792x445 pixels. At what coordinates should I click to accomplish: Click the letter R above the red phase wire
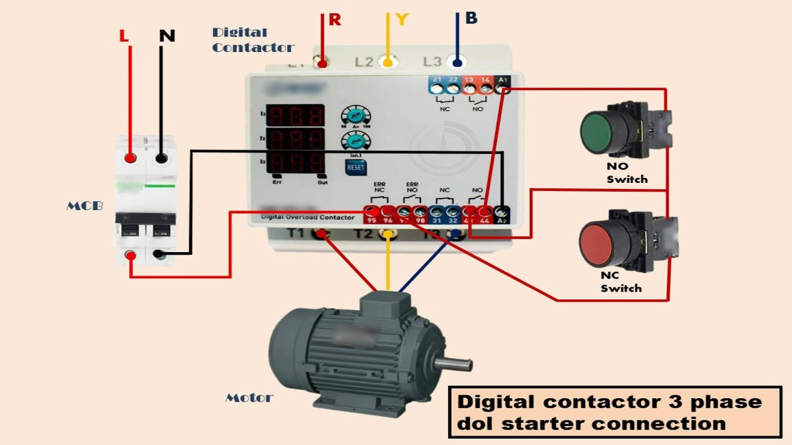click(x=335, y=20)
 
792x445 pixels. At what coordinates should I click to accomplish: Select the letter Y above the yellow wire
click(x=402, y=20)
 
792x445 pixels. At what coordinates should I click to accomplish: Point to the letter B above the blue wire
click(x=471, y=19)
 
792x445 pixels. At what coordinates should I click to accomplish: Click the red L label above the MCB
click(x=124, y=36)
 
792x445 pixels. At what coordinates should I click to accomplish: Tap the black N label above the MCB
click(x=166, y=36)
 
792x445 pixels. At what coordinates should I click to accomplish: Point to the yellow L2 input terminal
click(x=388, y=62)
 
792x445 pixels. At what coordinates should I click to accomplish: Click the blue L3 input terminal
click(x=457, y=62)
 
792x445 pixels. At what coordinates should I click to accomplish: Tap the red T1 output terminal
click(x=322, y=234)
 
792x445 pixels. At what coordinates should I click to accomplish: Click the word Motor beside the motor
click(x=249, y=398)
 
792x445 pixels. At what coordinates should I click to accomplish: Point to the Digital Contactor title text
click(x=252, y=40)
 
